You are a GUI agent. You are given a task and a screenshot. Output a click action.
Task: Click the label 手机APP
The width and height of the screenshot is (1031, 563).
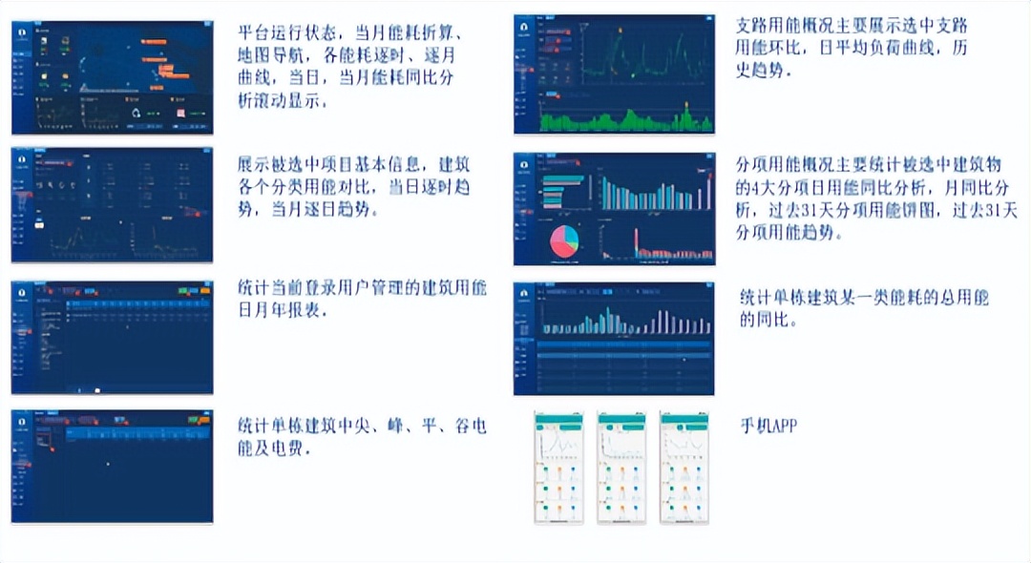point(768,427)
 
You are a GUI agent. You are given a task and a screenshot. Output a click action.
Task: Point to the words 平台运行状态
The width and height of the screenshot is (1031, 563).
point(285,31)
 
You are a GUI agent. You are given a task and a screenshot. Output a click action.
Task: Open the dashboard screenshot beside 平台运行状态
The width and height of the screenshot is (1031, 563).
point(113,76)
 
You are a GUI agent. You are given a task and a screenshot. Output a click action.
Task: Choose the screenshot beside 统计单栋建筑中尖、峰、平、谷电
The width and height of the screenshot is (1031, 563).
point(113,467)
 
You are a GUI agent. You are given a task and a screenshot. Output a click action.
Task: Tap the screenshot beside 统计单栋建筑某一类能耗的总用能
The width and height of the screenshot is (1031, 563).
point(614,339)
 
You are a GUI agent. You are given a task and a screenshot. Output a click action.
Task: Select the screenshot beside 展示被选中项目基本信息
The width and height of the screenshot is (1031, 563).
point(113,204)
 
